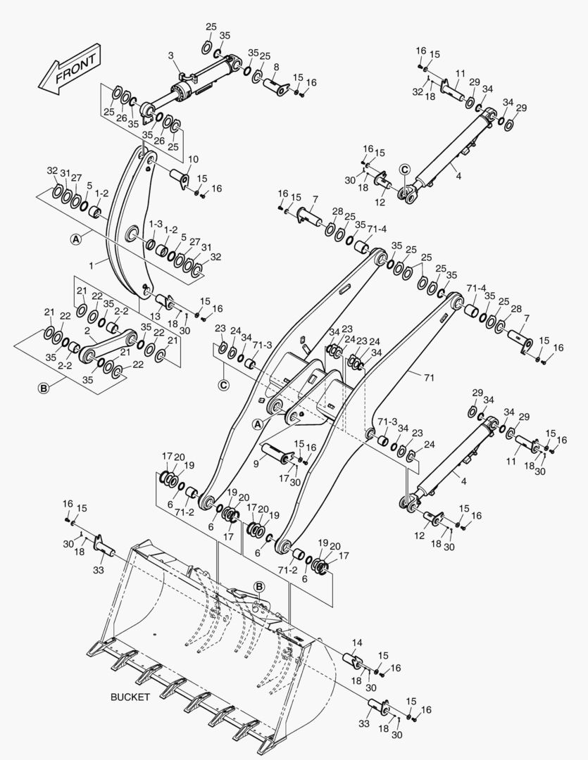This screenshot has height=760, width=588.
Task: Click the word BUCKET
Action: click(x=130, y=697)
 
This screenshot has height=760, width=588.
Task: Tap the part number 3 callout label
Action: click(x=171, y=56)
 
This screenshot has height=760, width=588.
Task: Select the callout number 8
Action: click(x=276, y=67)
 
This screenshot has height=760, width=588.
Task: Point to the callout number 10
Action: click(x=193, y=159)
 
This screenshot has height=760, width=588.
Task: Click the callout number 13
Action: click(x=155, y=316)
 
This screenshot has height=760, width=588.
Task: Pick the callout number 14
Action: click(x=356, y=642)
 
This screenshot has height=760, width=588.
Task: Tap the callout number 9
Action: click(x=256, y=464)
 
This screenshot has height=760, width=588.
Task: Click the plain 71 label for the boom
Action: click(x=429, y=377)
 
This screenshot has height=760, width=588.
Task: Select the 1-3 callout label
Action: click(x=155, y=224)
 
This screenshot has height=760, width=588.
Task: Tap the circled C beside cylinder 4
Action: click(x=405, y=169)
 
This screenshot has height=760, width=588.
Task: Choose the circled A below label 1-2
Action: click(x=75, y=239)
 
